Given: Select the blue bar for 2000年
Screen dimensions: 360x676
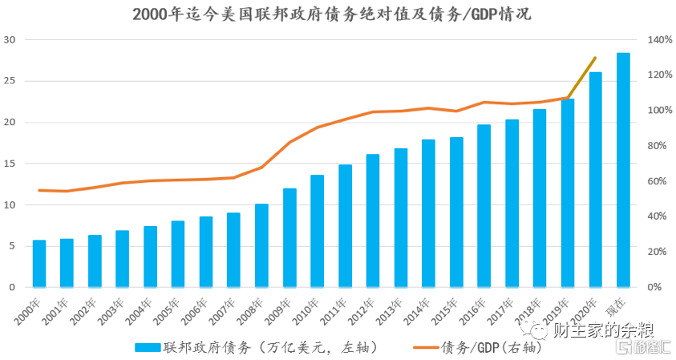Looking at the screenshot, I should [39, 264].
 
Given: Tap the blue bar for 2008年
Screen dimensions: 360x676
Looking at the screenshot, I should [261, 246].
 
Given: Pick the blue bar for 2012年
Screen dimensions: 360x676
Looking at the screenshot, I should [373, 221].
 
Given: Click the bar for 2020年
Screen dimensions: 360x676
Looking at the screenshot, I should [596, 180].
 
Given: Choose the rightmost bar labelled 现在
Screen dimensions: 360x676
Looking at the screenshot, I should [623, 171].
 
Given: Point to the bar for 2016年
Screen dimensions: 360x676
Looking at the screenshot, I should [484, 206].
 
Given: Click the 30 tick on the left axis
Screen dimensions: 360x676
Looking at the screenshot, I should [10, 40].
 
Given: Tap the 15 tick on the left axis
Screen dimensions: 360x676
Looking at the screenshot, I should [10, 164].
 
